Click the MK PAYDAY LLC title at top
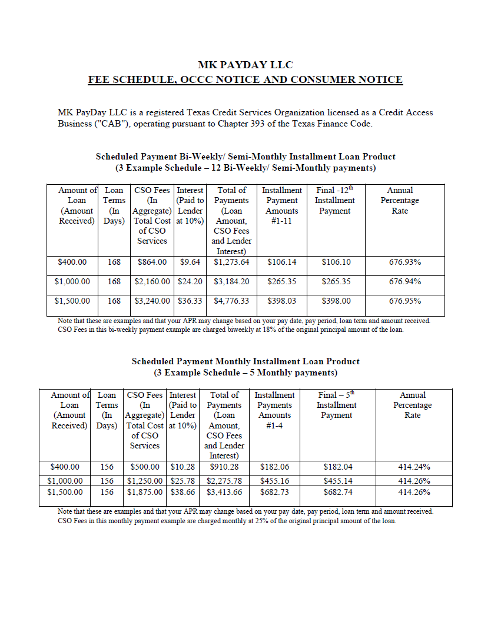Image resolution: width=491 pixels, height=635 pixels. point(245,65)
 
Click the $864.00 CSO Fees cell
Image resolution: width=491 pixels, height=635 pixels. point(152,262)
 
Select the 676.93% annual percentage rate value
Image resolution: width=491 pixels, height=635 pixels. point(404,262)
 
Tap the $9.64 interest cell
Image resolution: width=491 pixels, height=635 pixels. point(190,262)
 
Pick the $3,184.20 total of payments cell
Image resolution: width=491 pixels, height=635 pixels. point(231,282)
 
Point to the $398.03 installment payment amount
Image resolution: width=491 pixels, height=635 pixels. point(281,301)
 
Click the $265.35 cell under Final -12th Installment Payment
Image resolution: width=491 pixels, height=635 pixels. point(336,282)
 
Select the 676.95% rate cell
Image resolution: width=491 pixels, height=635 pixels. point(404,301)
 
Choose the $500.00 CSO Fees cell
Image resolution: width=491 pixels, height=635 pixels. point(145,467)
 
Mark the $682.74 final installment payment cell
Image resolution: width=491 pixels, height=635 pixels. point(338,493)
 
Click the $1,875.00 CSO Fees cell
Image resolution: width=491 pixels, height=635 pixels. point(145,493)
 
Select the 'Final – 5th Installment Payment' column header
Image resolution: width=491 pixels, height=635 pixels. point(337,405)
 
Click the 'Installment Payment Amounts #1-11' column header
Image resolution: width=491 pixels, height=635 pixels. point(282,205)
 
